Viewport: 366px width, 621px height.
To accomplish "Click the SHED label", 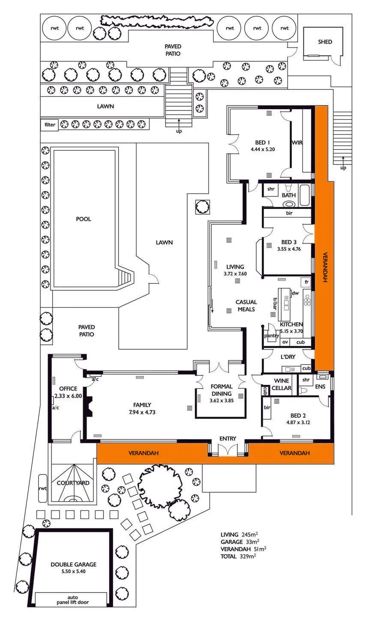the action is pyautogui.click(x=325, y=42).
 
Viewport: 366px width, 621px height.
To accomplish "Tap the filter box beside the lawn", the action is pyautogui.click(x=50, y=125).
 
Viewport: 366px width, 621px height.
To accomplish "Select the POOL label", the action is pyautogui.click(x=84, y=219).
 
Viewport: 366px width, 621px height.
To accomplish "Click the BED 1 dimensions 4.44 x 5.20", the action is pyautogui.click(x=263, y=150).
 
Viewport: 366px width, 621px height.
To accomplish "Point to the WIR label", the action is pyautogui.click(x=297, y=143).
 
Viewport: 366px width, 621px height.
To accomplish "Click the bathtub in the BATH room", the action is pyautogui.click(x=305, y=196).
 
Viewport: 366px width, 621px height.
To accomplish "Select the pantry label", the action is pyautogui.click(x=272, y=336).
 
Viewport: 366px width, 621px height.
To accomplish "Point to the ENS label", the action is pyautogui.click(x=321, y=387).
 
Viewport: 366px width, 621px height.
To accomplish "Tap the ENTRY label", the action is pyautogui.click(x=228, y=439).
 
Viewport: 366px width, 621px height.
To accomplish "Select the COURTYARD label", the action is pyautogui.click(x=73, y=483).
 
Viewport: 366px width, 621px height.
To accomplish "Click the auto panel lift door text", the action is pyautogui.click(x=72, y=600).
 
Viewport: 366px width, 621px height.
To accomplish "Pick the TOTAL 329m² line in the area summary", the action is pyautogui.click(x=238, y=557).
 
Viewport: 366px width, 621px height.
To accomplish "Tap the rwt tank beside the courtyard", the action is pyautogui.click(x=42, y=488).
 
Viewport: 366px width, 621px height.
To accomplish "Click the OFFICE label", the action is pyautogui.click(x=68, y=389).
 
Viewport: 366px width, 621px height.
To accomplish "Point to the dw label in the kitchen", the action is pyautogui.click(x=295, y=293).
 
